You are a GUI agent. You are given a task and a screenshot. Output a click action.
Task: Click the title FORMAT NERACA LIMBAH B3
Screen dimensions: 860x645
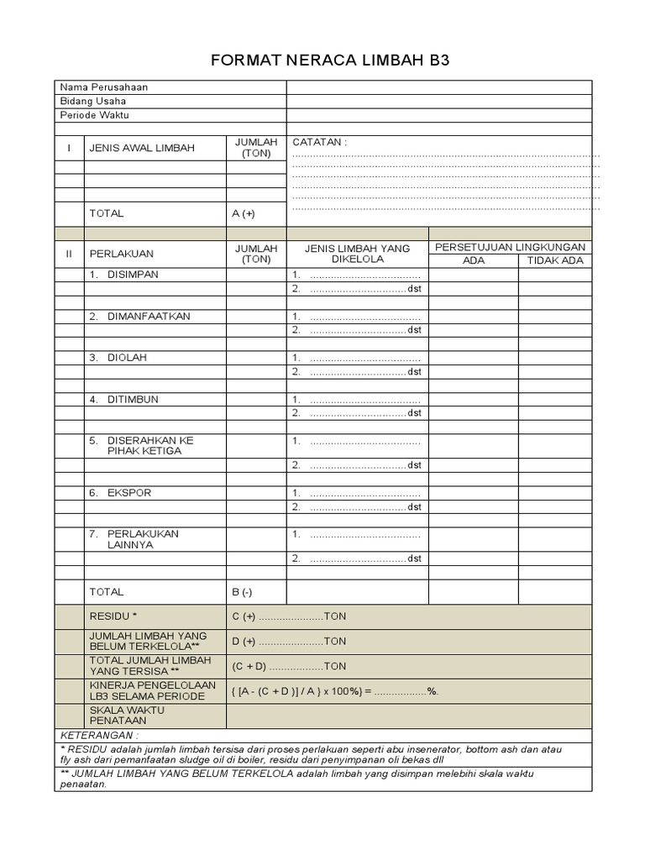(x=323, y=60)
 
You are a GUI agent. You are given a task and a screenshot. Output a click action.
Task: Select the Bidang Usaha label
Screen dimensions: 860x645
(x=92, y=102)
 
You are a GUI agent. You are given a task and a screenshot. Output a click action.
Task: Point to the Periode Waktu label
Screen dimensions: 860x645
(x=95, y=115)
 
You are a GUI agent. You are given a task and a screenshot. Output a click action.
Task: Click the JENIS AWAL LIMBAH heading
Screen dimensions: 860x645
(x=142, y=148)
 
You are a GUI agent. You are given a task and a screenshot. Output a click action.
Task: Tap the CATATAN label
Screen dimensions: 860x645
(x=319, y=142)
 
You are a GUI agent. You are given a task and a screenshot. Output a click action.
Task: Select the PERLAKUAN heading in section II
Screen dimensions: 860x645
(x=122, y=254)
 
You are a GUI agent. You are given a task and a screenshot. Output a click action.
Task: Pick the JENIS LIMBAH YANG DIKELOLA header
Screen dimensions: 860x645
(x=357, y=254)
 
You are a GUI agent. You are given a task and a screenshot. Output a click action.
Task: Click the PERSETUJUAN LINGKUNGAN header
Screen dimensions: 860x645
(x=510, y=247)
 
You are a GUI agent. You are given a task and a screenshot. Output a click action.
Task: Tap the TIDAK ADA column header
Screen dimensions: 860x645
(x=554, y=260)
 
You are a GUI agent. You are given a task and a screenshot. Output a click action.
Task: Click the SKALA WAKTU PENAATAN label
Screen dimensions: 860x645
(x=127, y=716)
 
